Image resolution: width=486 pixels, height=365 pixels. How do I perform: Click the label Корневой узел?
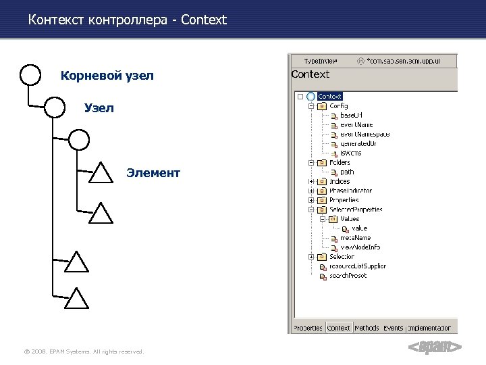coord(107,76)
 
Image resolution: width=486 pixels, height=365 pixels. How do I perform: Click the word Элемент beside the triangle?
coord(153,173)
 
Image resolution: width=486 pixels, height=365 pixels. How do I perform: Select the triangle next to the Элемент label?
coord(101,172)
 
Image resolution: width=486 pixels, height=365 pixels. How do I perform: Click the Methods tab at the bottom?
coord(367,328)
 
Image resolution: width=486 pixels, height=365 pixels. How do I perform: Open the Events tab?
coord(393,328)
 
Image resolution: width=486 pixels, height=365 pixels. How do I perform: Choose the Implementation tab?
coord(432,328)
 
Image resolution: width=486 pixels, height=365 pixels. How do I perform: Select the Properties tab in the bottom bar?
coord(307,328)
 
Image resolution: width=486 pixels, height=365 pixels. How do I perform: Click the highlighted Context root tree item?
coord(329,97)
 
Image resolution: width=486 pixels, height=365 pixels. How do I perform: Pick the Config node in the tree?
coord(338,106)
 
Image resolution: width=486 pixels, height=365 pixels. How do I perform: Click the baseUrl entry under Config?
coord(351,116)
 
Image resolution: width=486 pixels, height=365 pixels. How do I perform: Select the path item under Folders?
coord(347,172)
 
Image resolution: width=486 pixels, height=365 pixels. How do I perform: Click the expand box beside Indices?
coord(311,181)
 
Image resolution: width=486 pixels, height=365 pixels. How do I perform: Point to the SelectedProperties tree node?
coord(355,210)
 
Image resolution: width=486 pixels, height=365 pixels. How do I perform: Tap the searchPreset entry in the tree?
coord(348,276)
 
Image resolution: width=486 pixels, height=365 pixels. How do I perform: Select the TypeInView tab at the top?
coord(320,61)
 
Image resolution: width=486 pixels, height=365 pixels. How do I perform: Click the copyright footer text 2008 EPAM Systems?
coord(83,351)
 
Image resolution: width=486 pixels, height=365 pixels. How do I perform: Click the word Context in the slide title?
coord(204,20)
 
